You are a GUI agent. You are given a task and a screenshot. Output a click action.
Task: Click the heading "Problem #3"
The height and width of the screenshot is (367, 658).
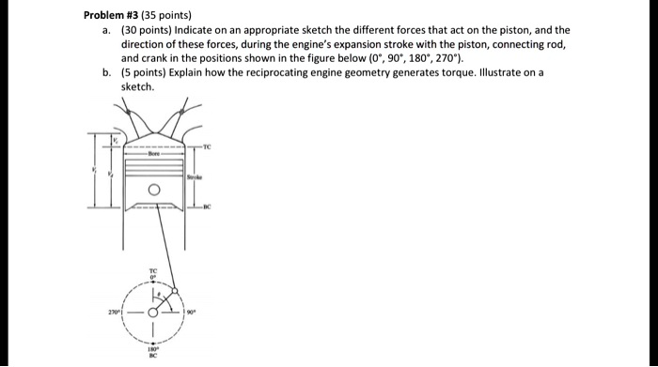click(x=110, y=16)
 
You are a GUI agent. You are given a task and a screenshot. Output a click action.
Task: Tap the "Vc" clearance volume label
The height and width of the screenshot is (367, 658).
click(x=116, y=142)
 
